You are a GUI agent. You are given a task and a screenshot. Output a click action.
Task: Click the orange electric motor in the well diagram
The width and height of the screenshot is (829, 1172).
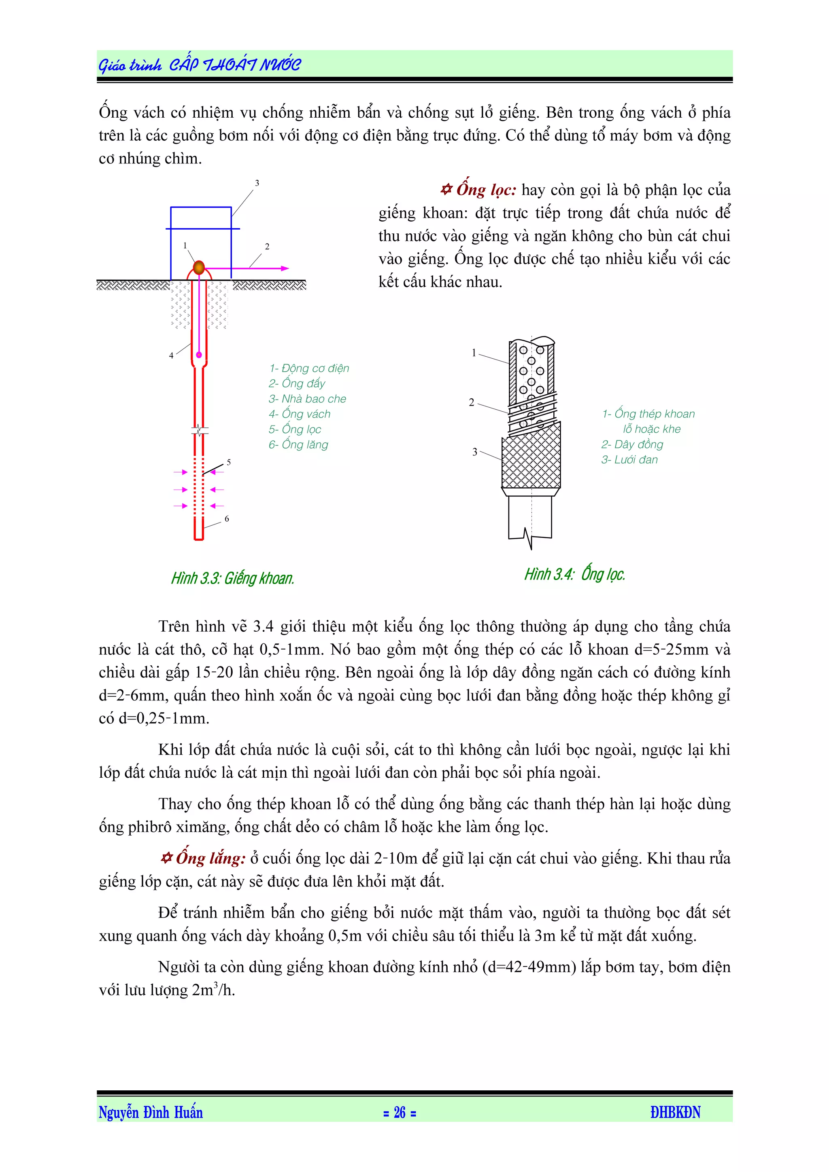[x=199, y=267]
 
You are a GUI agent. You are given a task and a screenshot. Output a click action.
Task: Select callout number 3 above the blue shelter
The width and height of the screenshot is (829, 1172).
[x=257, y=183]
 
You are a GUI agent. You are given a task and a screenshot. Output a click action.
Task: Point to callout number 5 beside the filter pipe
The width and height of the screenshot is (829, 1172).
[x=229, y=462]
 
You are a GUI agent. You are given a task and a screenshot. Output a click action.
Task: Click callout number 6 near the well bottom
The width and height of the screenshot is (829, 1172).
[x=227, y=518]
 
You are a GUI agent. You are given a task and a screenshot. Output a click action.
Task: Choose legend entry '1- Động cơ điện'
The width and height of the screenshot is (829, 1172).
[x=309, y=368]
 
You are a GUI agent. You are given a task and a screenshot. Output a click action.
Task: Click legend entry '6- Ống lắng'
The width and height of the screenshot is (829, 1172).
[x=298, y=444]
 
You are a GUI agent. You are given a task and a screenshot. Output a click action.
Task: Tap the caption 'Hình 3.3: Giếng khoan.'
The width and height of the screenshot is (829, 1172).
[x=232, y=578]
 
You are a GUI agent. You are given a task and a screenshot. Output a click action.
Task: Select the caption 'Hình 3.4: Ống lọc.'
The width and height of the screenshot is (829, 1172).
[x=575, y=574]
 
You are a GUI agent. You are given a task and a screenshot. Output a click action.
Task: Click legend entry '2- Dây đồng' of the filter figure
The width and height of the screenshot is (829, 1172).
[x=632, y=444]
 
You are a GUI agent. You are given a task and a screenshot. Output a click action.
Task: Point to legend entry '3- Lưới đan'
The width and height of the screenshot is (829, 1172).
[x=629, y=459]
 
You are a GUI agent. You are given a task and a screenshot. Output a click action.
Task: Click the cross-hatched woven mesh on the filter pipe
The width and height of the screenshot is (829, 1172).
[x=531, y=459]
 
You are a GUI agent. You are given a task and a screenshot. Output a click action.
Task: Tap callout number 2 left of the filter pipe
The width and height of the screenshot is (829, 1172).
[x=472, y=402]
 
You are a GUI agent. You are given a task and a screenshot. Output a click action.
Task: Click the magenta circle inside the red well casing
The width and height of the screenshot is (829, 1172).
[x=199, y=355]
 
